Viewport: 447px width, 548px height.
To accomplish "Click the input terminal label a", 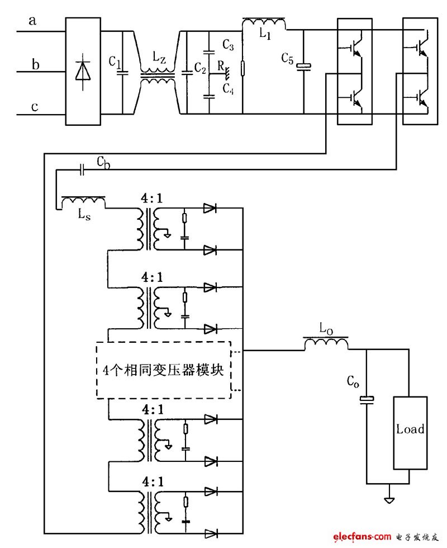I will pos(33,21).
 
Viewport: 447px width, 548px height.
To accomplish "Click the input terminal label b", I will pos(35,65).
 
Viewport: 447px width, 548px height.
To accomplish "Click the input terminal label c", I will pos(35,106).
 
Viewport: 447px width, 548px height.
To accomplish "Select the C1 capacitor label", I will pos(115,60).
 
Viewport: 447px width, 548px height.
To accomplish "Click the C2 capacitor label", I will pos(200,67).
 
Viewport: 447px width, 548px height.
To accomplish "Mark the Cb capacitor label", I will pos(103,162).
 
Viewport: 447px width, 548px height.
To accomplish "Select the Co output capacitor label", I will pos(353,382).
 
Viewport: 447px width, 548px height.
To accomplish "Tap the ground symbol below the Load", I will pos(389,499).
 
